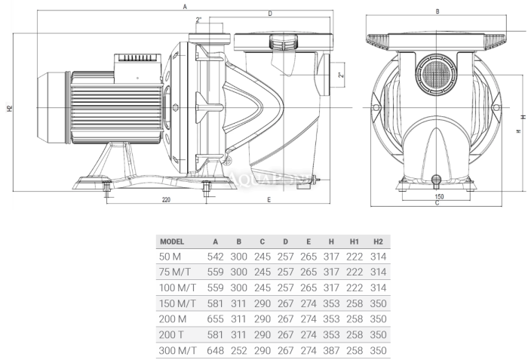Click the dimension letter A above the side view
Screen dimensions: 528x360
coord(185,6)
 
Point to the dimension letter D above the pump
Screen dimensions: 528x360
coord(270,14)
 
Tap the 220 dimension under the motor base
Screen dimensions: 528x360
coord(167,200)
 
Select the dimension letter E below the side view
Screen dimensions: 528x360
coord(269,200)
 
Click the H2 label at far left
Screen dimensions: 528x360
coord(10,109)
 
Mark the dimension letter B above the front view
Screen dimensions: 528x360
coord(437,11)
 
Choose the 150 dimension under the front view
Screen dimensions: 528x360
coord(440,196)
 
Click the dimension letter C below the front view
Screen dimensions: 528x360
coord(437,203)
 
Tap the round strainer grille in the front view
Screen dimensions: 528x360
coord(436,75)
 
